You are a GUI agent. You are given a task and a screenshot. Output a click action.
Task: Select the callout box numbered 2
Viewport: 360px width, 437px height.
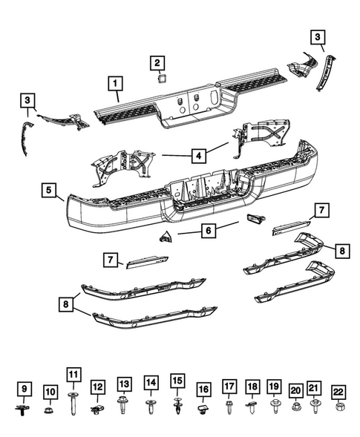(x=158, y=63)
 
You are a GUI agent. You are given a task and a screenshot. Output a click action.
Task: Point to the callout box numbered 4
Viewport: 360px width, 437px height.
(x=198, y=156)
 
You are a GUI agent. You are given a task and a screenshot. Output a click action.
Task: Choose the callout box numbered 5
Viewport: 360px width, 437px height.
(x=48, y=192)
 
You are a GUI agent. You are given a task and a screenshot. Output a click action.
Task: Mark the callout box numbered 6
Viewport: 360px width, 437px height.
(x=209, y=231)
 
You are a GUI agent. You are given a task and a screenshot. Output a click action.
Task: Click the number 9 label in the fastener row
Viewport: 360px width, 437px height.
(x=23, y=388)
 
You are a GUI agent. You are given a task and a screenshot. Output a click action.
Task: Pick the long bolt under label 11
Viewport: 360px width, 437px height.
(x=73, y=403)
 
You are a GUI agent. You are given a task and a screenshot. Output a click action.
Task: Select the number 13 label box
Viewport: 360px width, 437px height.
(x=124, y=384)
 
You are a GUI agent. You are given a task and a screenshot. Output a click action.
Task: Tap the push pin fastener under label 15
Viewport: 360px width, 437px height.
(x=177, y=406)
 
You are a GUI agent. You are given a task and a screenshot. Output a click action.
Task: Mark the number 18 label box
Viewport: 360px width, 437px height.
(x=252, y=387)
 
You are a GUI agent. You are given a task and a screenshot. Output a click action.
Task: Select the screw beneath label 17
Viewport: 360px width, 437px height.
(x=229, y=406)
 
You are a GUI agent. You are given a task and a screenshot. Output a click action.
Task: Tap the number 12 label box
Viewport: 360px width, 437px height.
(x=98, y=386)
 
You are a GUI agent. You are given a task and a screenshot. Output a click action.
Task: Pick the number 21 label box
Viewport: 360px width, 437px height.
(x=315, y=387)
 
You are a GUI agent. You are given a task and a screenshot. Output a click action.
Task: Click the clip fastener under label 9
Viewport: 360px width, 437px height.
(x=23, y=407)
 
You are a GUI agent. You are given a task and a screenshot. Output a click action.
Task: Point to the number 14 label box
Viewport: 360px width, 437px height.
(x=151, y=384)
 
